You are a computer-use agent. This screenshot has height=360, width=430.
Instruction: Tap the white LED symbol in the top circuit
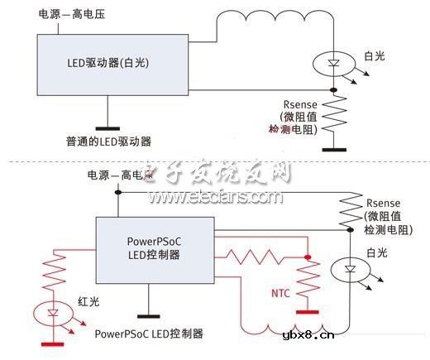point(333,64)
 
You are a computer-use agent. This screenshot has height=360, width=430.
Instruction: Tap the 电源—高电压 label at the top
point(72,15)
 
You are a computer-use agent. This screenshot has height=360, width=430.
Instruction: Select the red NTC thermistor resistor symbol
point(308,281)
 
